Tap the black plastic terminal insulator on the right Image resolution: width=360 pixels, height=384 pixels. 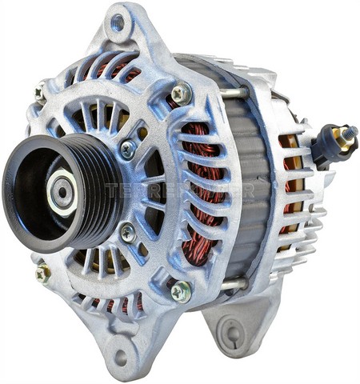[x=326, y=145]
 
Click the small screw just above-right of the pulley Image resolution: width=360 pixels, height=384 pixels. [x=127, y=149]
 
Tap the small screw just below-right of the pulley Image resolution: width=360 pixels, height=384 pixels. [x=127, y=233]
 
